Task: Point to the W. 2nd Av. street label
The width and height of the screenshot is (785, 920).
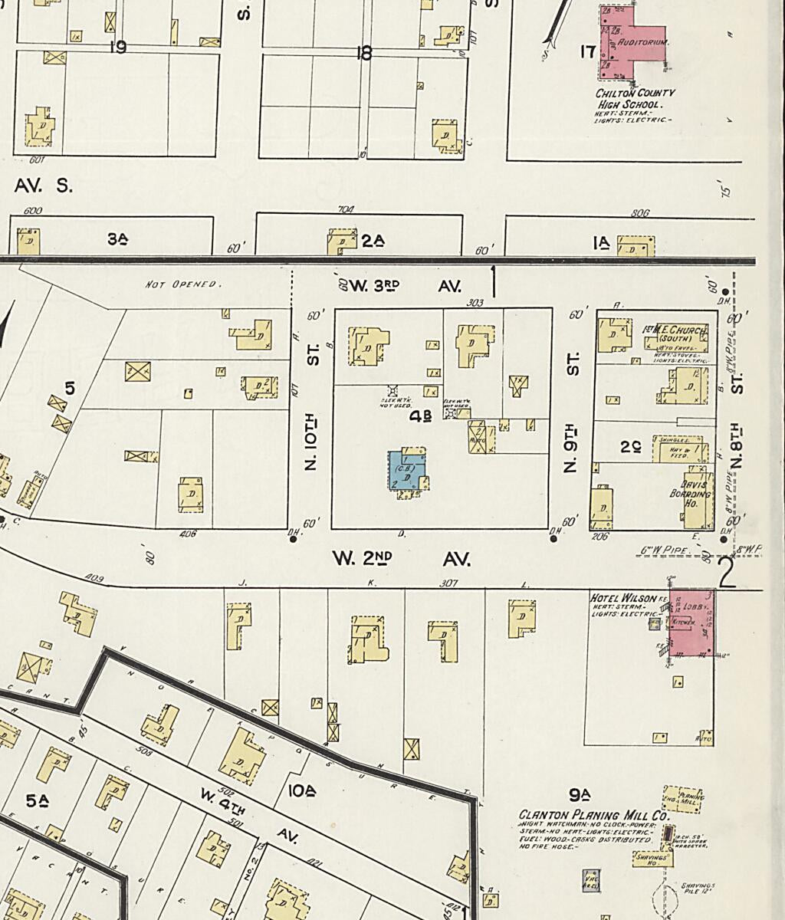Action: [401, 560]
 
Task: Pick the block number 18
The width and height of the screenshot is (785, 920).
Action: [364, 52]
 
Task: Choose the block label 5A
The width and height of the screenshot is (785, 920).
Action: [37, 801]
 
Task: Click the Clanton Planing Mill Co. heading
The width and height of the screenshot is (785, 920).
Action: [593, 815]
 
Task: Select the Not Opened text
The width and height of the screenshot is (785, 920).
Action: [183, 284]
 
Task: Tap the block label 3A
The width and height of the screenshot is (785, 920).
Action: [117, 239]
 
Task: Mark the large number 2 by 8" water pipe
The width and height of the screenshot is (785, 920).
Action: [726, 573]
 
